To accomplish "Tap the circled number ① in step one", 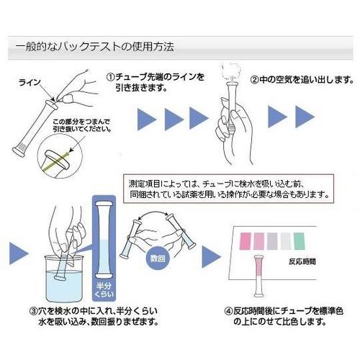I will [x=111, y=77].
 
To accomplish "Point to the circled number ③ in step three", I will [x=34, y=312].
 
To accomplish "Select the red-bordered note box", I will [x=230, y=189].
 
